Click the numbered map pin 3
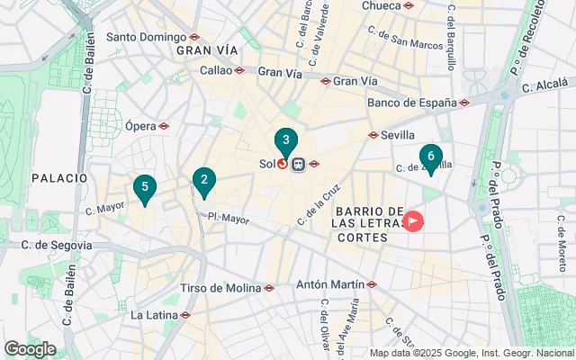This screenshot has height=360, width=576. pyautogui.click(x=285, y=141)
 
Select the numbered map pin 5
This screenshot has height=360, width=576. pyautogui.click(x=143, y=188)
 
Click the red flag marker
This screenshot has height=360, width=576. pyautogui.click(x=413, y=219)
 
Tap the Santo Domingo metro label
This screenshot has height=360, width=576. pyautogui.click(x=147, y=37)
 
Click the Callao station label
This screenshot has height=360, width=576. pyautogui.click(x=216, y=69)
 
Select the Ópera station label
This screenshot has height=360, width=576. pyautogui.click(x=141, y=126)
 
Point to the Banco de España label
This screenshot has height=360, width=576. pyautogui.click(x=412, y=103)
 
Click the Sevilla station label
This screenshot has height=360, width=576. pyautogui.click(x=397, y=135)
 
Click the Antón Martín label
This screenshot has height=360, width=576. pyautogui.click(x=329, y=284)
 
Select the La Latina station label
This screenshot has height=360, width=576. pyautogui.click(x=155, y=315)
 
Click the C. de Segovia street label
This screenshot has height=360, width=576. pyautogui.click(x=46, y=245)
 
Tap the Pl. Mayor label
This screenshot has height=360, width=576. pyautogui.click(x=228, y=218)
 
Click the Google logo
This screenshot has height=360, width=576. pyautogui.click(x=30, y=349)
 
